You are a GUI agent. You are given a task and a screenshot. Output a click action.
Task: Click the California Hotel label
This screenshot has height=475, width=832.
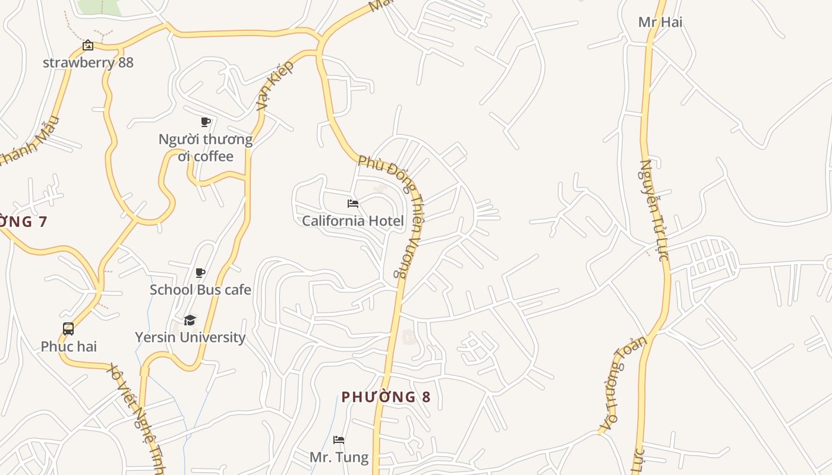click(352, 221)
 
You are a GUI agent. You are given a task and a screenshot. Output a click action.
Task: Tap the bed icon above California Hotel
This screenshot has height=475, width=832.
click(353, 204)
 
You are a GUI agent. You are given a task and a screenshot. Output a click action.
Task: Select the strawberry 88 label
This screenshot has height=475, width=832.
click(88, 62)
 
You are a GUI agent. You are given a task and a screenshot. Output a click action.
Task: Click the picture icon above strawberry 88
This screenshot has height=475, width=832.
click(88, 45)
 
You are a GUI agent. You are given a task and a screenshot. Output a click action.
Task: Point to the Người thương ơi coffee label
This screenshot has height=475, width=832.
click(205, 148)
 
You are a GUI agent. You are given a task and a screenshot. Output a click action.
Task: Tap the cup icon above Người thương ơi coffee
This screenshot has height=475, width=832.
click(206, 122)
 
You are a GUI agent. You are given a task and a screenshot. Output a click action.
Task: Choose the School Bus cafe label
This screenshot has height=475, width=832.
click(200, 290)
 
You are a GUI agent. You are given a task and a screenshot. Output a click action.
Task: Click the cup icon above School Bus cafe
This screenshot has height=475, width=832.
click(200, 273)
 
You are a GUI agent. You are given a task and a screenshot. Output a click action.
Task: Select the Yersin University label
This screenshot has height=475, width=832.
click(190, 337)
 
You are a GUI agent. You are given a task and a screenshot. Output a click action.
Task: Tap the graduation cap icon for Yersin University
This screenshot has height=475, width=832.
click(190, 320)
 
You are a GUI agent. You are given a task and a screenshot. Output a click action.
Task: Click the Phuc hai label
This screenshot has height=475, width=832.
click(68, 346)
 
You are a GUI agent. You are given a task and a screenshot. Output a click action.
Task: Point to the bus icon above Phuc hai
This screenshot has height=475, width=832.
click(68, 329)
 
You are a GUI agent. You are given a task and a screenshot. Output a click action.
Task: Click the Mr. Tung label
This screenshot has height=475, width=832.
click(339, 457)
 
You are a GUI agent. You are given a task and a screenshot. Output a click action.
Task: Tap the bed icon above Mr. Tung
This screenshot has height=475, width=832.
click(339, 440)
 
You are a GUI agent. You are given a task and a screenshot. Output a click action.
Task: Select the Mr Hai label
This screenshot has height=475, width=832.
click(660, 22)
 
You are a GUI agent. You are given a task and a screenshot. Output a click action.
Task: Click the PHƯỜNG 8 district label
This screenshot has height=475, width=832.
click(386, 397)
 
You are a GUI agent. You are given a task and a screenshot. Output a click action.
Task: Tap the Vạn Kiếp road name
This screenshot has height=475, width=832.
click(275, 85)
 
